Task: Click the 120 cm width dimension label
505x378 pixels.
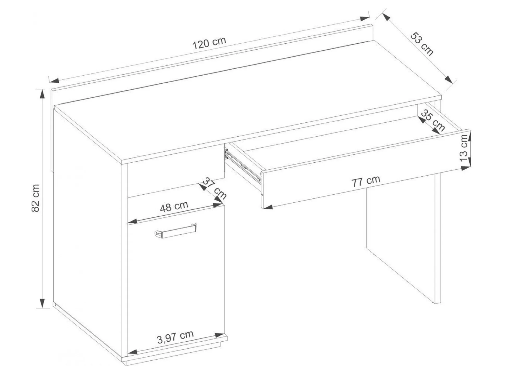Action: tap(209, 43)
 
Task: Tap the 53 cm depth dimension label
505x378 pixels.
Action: tap(422, 44)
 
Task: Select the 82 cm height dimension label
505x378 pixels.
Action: tap(35, 198)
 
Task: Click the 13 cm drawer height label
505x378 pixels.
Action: tap(464, 148)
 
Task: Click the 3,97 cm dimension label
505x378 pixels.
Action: tap(175, 337)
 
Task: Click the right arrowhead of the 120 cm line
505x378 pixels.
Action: tap(364, 19)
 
